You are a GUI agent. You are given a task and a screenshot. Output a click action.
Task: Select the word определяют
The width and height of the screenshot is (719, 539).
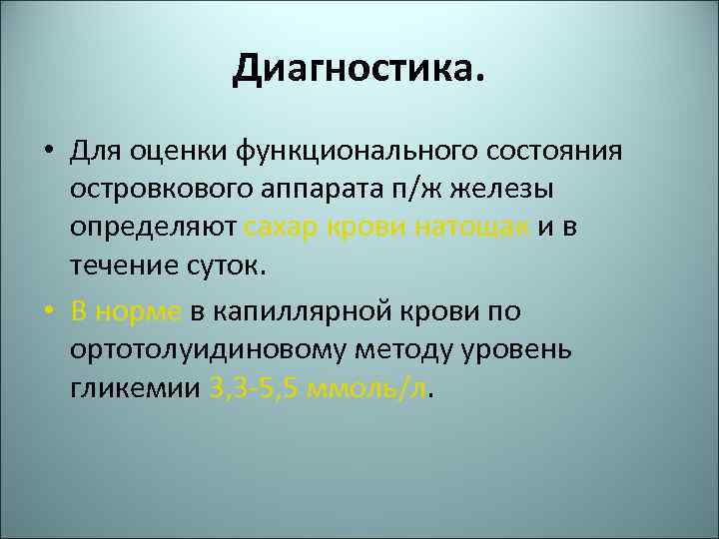(154, 228)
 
